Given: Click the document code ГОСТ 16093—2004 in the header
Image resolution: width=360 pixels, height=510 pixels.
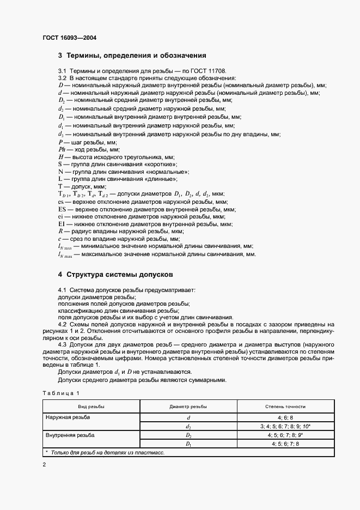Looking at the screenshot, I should [x=70, y=38].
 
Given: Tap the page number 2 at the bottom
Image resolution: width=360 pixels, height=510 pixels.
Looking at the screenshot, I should [x=44, y=464].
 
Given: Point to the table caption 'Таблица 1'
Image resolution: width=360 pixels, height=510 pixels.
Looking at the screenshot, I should [x=60, y=393].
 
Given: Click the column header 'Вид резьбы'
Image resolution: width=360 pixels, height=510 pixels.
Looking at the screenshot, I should [x=91, y=406].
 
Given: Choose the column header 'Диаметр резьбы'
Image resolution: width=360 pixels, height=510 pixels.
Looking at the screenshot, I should [x=188, y=406].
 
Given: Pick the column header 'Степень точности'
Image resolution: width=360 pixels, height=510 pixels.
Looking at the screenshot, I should [x=285, y=406].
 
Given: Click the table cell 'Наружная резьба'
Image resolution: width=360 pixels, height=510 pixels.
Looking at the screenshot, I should [x=68, y=417].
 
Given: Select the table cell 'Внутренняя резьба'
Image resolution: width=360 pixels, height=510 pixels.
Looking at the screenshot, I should [x=70, y=435].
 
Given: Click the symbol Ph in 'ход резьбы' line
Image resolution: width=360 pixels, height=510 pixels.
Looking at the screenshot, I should [x=62, y=149].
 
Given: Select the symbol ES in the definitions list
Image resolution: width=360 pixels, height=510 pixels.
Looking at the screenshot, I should [x=62, y=209].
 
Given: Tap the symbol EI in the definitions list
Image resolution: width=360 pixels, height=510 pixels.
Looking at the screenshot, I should [x=62, y=224].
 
